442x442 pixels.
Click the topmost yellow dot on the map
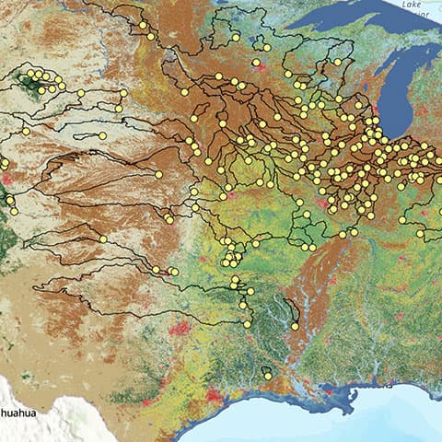click(142, 24)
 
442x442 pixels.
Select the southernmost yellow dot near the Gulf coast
click(266, 374)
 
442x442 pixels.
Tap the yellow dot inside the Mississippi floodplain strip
click(294, 324)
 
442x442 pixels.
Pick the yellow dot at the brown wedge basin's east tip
click(158, 174)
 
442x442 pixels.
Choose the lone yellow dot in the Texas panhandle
click(103, 239)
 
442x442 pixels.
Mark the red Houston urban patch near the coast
click(215, 394)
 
